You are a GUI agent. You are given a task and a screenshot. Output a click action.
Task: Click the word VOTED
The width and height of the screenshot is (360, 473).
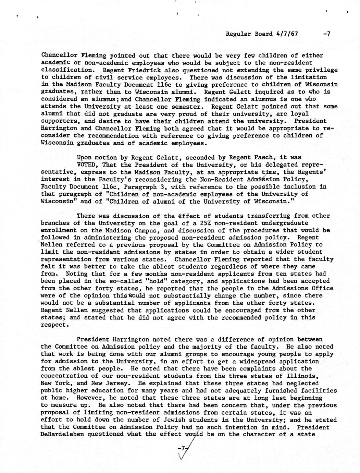tap(87, 165)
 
